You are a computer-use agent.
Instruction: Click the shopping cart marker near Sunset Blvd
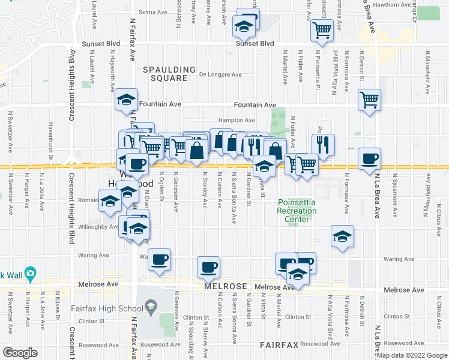point(322,29)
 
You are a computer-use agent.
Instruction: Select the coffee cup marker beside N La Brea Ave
point(370,160)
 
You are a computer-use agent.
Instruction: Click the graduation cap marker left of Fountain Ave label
point(126,100)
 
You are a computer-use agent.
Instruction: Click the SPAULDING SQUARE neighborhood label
point(169,74)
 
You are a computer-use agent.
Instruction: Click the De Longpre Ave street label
point(220,75)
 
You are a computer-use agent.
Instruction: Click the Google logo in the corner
point(20,353)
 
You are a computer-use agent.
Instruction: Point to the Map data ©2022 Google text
point(412,356)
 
